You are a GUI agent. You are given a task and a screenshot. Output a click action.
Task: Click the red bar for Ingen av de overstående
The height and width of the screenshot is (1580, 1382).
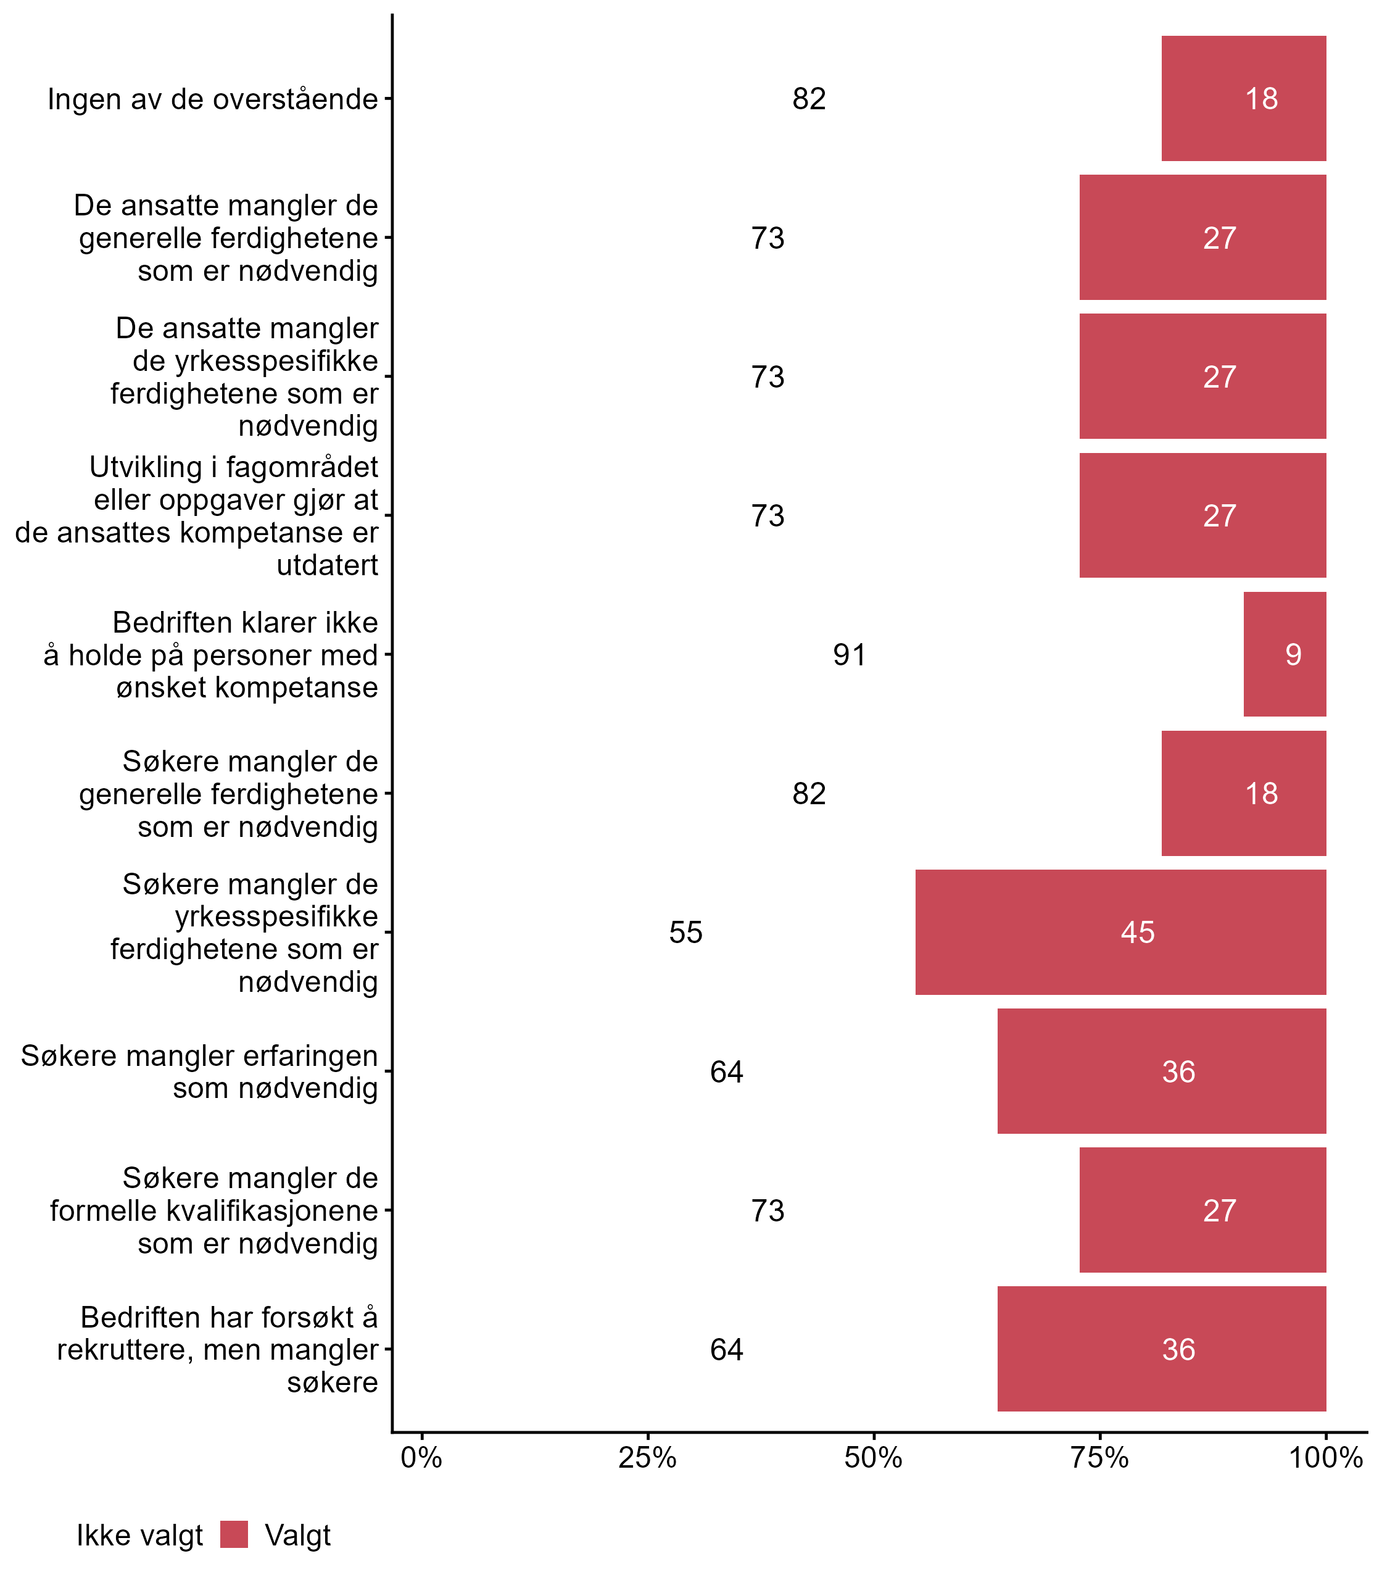(1243, 98)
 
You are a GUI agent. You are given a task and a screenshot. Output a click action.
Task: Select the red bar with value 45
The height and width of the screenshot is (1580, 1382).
(1120, 932)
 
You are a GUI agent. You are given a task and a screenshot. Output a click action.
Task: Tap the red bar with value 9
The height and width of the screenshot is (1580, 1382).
(1284, 654)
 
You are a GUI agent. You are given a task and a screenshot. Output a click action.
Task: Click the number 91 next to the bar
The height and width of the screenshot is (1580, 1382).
(849, 655)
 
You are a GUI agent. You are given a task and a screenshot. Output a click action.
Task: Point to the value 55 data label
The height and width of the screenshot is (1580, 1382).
(685, 933)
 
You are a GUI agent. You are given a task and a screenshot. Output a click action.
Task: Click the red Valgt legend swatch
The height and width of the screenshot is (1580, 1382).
(234, 1534)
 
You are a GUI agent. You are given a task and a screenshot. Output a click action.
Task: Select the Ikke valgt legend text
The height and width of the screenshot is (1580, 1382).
(139, 1536)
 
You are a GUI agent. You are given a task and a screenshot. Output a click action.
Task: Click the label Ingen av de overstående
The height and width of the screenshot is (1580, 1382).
(213, 99)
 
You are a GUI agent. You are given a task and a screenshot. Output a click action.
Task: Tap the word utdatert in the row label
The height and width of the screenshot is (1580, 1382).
(327, 565)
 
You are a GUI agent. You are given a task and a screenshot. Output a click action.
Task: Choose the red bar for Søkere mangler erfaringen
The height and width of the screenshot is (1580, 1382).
(1161, 1071)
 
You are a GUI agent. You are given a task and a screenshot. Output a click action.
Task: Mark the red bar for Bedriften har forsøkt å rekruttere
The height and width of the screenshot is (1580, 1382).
(1161, 1349)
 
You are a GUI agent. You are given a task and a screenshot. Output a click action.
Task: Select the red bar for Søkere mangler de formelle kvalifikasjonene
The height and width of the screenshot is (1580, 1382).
(1202, 1210)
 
